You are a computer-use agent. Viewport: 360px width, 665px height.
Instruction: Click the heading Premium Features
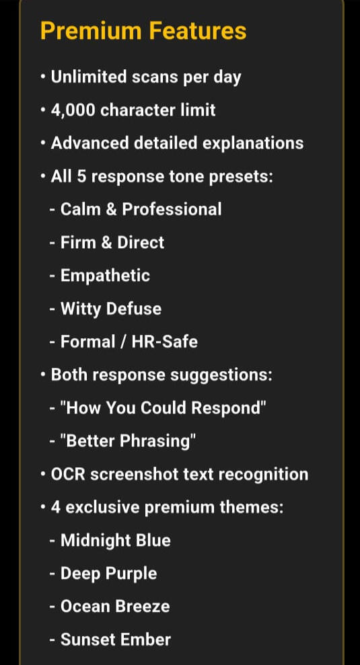click(x=143, y=31)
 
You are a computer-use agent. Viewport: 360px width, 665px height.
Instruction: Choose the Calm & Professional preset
click(x=141, y=209)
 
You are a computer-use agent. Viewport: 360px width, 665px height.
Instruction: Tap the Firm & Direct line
click(x=112, y=242)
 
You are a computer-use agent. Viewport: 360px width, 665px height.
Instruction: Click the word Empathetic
click(x=105, y=275)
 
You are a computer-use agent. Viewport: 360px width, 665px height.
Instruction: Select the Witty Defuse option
click(x=111, y=309)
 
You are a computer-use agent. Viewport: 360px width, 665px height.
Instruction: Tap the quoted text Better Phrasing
click(x=126, y=441)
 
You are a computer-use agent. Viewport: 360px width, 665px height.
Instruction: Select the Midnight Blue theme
click(x=115, y=540)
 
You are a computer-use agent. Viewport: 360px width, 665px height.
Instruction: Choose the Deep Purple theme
click(x=108, y=574)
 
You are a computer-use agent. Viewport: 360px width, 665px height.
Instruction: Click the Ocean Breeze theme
click(x=115, y=607)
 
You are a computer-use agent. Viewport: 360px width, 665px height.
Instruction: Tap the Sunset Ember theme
click(x=115, y=639)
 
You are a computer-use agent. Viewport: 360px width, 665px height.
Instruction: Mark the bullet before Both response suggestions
click(x=43, y=375)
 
